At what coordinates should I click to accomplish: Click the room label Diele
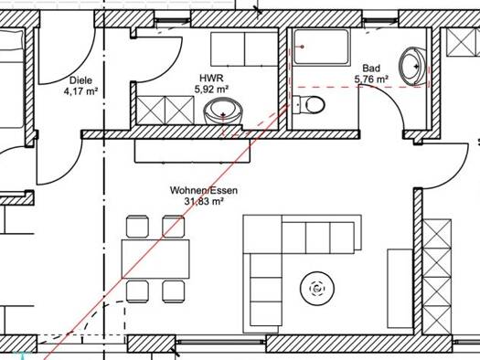click(x=80, y=80)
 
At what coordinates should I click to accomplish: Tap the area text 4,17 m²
click(x=80, y=90)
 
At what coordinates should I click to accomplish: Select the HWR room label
click(x=211, y=78)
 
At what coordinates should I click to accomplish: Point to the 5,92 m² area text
click(x=211, y=89)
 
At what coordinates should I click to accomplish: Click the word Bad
click(x=371, y=68)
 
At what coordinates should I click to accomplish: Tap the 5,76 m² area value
click(x=371, y=79)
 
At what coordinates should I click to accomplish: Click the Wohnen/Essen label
click(x=204, y=190)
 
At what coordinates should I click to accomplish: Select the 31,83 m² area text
click(x=204, y=201)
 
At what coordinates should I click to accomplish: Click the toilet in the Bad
click(x=308, y=104)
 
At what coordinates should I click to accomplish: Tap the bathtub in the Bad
click(x=322, y=48)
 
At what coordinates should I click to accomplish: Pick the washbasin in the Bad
click(x=412, y=67)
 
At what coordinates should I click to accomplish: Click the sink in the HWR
click(x=223, y=111)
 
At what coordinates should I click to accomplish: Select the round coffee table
click(x=317, y=288)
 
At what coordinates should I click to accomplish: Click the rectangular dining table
click(x=155, y=259)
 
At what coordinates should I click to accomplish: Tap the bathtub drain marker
click(x=302, y=47)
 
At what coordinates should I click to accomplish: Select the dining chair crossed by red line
click(x=174, y=226)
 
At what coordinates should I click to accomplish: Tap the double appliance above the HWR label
click(x=244, y=49)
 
